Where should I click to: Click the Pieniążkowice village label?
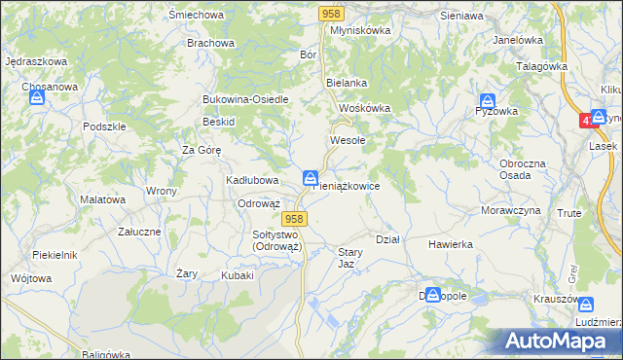(x=347, y=185)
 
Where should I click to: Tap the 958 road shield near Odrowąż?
(x=297, y=220)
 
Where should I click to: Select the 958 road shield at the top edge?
(x=330, y=13)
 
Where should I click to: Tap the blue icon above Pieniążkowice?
(x=310, y=178)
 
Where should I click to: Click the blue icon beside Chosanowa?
(x=36, y=98)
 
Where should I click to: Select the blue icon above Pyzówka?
(x=488, y=100)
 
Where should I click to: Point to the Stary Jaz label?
(x=350, y=258)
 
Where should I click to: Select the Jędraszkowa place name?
(x=35, y=61)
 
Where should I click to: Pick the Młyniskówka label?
(x=360, y=30)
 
